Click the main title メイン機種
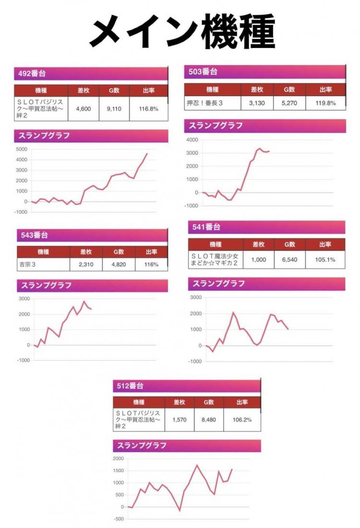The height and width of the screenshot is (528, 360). pos(182,31)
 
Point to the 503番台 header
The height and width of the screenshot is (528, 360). pos(203,72)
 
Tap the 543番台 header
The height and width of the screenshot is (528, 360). pos(35,235)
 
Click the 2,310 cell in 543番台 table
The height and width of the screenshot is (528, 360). pos(85,264)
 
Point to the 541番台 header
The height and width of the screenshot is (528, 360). pos(206,227)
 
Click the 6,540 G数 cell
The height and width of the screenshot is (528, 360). pos(289,260)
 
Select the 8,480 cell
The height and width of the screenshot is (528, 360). pos(209,419)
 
